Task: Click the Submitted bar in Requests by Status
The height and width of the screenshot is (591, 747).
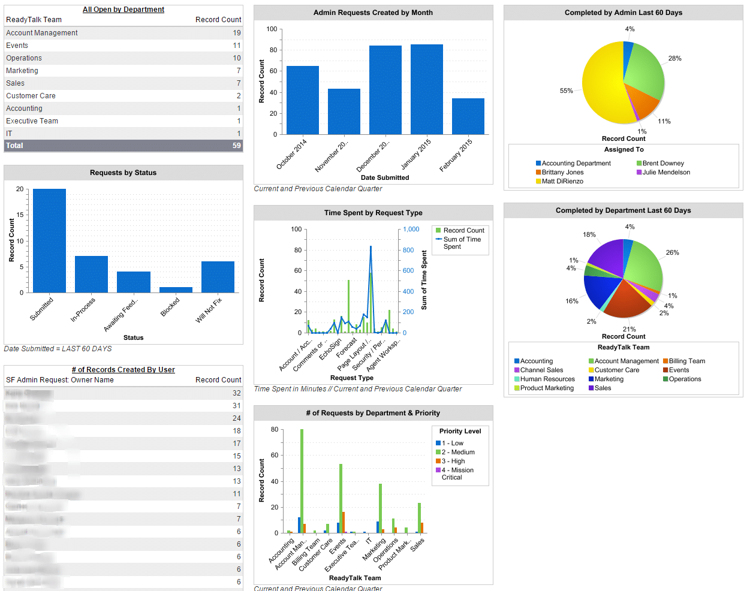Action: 49,240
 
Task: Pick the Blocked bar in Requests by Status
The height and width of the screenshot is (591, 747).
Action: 176,290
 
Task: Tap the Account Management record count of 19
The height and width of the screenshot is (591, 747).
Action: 237,33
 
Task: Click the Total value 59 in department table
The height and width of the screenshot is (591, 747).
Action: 237,146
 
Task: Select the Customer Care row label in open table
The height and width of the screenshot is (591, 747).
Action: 31,96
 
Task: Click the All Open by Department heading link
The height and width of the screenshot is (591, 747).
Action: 124,10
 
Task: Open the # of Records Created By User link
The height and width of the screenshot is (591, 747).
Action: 124,370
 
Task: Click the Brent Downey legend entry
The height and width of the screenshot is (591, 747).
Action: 662,163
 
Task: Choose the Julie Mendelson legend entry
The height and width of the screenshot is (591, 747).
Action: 665,172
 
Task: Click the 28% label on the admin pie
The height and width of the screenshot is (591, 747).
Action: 674,58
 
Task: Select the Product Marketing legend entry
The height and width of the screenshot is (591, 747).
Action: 546,388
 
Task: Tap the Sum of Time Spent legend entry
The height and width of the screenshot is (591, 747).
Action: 462,243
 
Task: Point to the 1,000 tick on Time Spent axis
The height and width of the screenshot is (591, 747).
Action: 411,229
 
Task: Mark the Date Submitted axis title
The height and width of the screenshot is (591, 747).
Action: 385,177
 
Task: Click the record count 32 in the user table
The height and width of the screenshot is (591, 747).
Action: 237,393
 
